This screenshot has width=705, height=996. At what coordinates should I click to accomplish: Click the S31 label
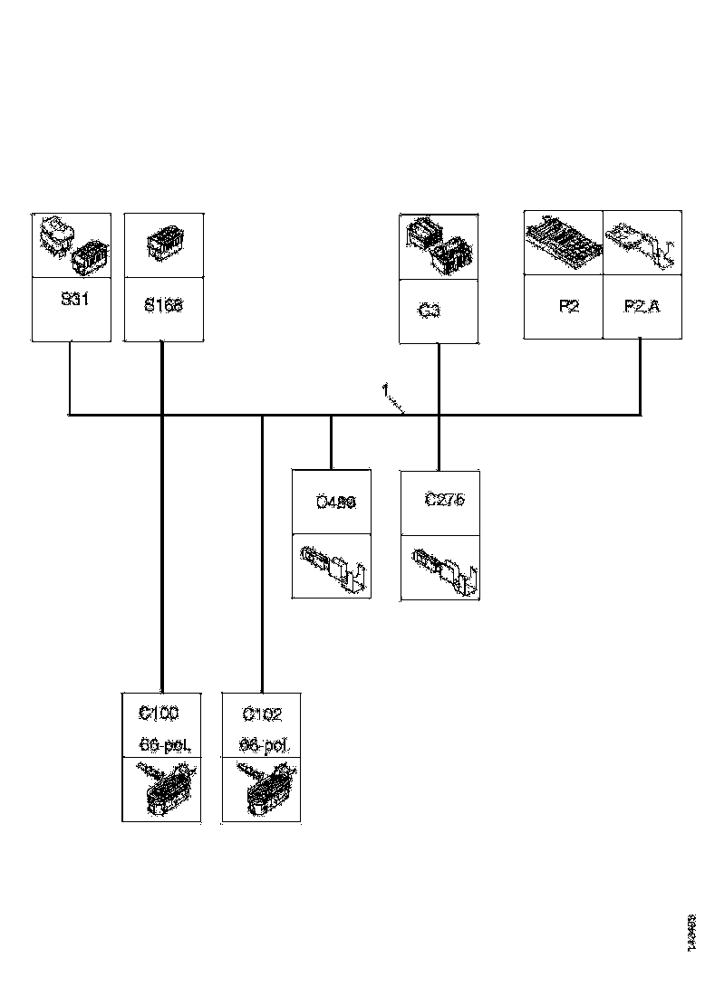tap(74, 300)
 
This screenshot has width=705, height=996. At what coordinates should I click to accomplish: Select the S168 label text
tap(163, 305)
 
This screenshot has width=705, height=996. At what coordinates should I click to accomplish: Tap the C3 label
tap(430, 311)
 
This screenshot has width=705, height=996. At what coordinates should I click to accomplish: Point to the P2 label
tap(568, 306)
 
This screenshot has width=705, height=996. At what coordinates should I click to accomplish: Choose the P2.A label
tap(642, 306)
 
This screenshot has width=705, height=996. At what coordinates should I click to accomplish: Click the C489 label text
tap(335, 502)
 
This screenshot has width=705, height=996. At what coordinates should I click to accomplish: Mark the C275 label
tap(445, 500)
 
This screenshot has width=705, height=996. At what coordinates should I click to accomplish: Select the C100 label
tap(159, 713)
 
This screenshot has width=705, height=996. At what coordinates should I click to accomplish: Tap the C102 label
tap(262, 714)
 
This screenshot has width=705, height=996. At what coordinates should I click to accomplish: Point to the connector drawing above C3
tap(439, 246)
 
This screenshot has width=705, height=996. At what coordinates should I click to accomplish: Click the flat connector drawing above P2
tap(564, 243)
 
